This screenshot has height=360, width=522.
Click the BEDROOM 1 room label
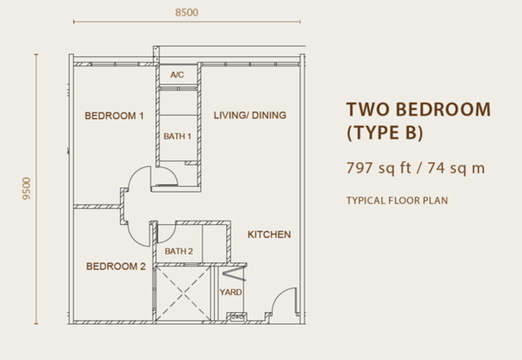[114, 116]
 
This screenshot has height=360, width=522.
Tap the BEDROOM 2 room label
[116, 266]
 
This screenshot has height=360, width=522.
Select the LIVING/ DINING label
[250, 115]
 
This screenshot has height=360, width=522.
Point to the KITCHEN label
[269, 235]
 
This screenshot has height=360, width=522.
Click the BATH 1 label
[177, 136]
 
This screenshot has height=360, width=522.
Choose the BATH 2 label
[179, 251]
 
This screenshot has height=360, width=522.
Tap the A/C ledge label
[177, 75]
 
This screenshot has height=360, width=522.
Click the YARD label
[231, 292]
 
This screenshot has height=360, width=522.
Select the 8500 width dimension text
[187, 12]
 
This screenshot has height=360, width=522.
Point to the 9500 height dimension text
[26, 188]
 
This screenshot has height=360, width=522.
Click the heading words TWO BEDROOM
[418, 110]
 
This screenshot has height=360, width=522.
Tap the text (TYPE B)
[385, 133]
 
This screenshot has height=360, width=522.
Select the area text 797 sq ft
[379, 168]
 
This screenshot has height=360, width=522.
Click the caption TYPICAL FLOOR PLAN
[397, 201]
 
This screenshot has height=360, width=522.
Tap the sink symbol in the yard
[237, 317]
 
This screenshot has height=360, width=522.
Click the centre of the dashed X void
[183, 293]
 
